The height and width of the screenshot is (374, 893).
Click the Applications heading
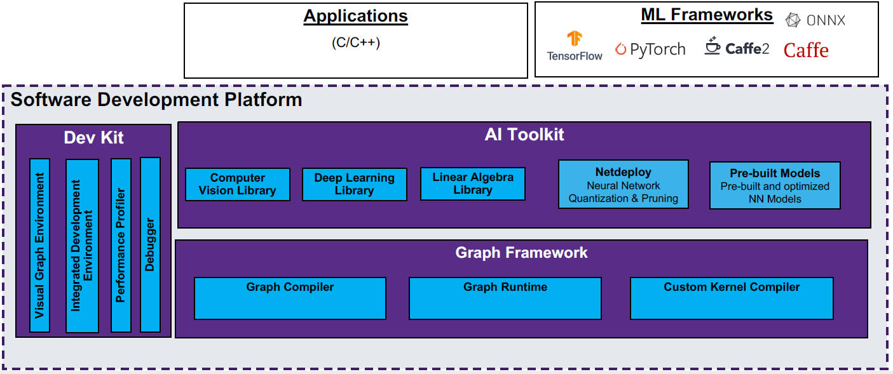(355, 16)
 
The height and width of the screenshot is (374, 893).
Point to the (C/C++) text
(355, 43)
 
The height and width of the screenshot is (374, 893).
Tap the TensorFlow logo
(575, 46)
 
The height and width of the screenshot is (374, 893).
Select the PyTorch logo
(650, 50)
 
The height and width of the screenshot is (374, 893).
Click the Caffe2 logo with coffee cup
(737, 48)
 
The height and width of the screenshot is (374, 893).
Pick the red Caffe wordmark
(806, 50)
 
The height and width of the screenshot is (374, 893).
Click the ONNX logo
(815, 20)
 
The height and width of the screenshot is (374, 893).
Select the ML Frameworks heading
(707, 15)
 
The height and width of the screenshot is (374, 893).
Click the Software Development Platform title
(156, 100)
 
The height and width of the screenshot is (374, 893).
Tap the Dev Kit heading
(93, 138)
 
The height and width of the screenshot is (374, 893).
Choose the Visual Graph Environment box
(39, 245)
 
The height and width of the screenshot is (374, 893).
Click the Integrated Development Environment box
(82, 246)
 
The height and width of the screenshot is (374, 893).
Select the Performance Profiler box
(121, 245)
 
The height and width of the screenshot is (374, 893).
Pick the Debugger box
(150, 245)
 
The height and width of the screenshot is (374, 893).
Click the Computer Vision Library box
(237, 184)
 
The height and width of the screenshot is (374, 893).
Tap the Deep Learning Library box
(354, 184)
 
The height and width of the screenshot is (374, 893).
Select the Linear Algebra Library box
(472, 184)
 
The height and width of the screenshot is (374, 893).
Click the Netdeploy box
(623, 184)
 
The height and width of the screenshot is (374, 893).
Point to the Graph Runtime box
(505, 298)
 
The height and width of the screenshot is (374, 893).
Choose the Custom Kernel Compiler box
(731, 298)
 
